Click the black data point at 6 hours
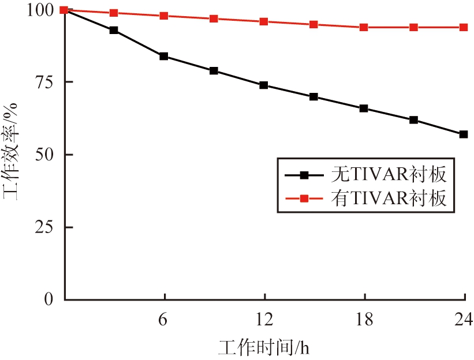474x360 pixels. pos(164,57)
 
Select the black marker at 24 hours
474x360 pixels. pos(464,134)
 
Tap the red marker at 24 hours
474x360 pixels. pos(464,28)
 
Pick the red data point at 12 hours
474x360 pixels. pos(264,22)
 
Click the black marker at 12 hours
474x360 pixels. pos(264,85)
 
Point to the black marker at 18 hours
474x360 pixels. pos(364,108)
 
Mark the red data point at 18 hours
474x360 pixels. pos(364,28)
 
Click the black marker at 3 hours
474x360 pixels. pos(114,30)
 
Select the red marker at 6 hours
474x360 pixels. pos(164,16)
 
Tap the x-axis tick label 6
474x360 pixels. pos(164,319)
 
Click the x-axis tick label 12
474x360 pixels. pos(264,319)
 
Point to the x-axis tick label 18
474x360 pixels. pos(364,319)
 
